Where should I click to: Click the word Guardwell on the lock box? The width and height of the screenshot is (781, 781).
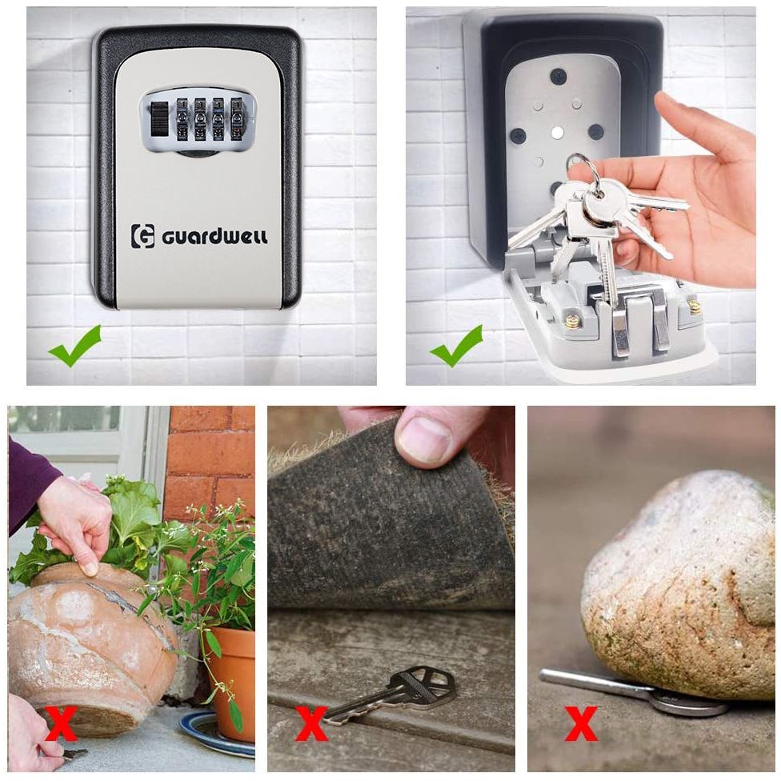click(x=214, y=237)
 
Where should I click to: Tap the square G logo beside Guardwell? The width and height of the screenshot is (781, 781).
click(x=142, y=236)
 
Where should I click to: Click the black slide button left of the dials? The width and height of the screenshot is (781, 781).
click(x=159, y=118)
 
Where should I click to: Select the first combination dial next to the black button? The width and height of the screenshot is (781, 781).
click(x=182, y=118)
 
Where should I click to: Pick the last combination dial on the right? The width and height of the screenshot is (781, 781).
click(x=236, y=118)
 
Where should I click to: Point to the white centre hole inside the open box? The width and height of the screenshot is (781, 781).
click(x=558, y=133)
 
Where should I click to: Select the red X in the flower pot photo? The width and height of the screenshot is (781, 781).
click(x=61, y=723)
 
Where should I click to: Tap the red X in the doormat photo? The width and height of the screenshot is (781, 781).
click(x=310, y=723)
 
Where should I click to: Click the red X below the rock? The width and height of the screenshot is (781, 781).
click(x=581, y=723)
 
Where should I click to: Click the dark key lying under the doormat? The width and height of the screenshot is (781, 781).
click(x=391, y=693)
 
